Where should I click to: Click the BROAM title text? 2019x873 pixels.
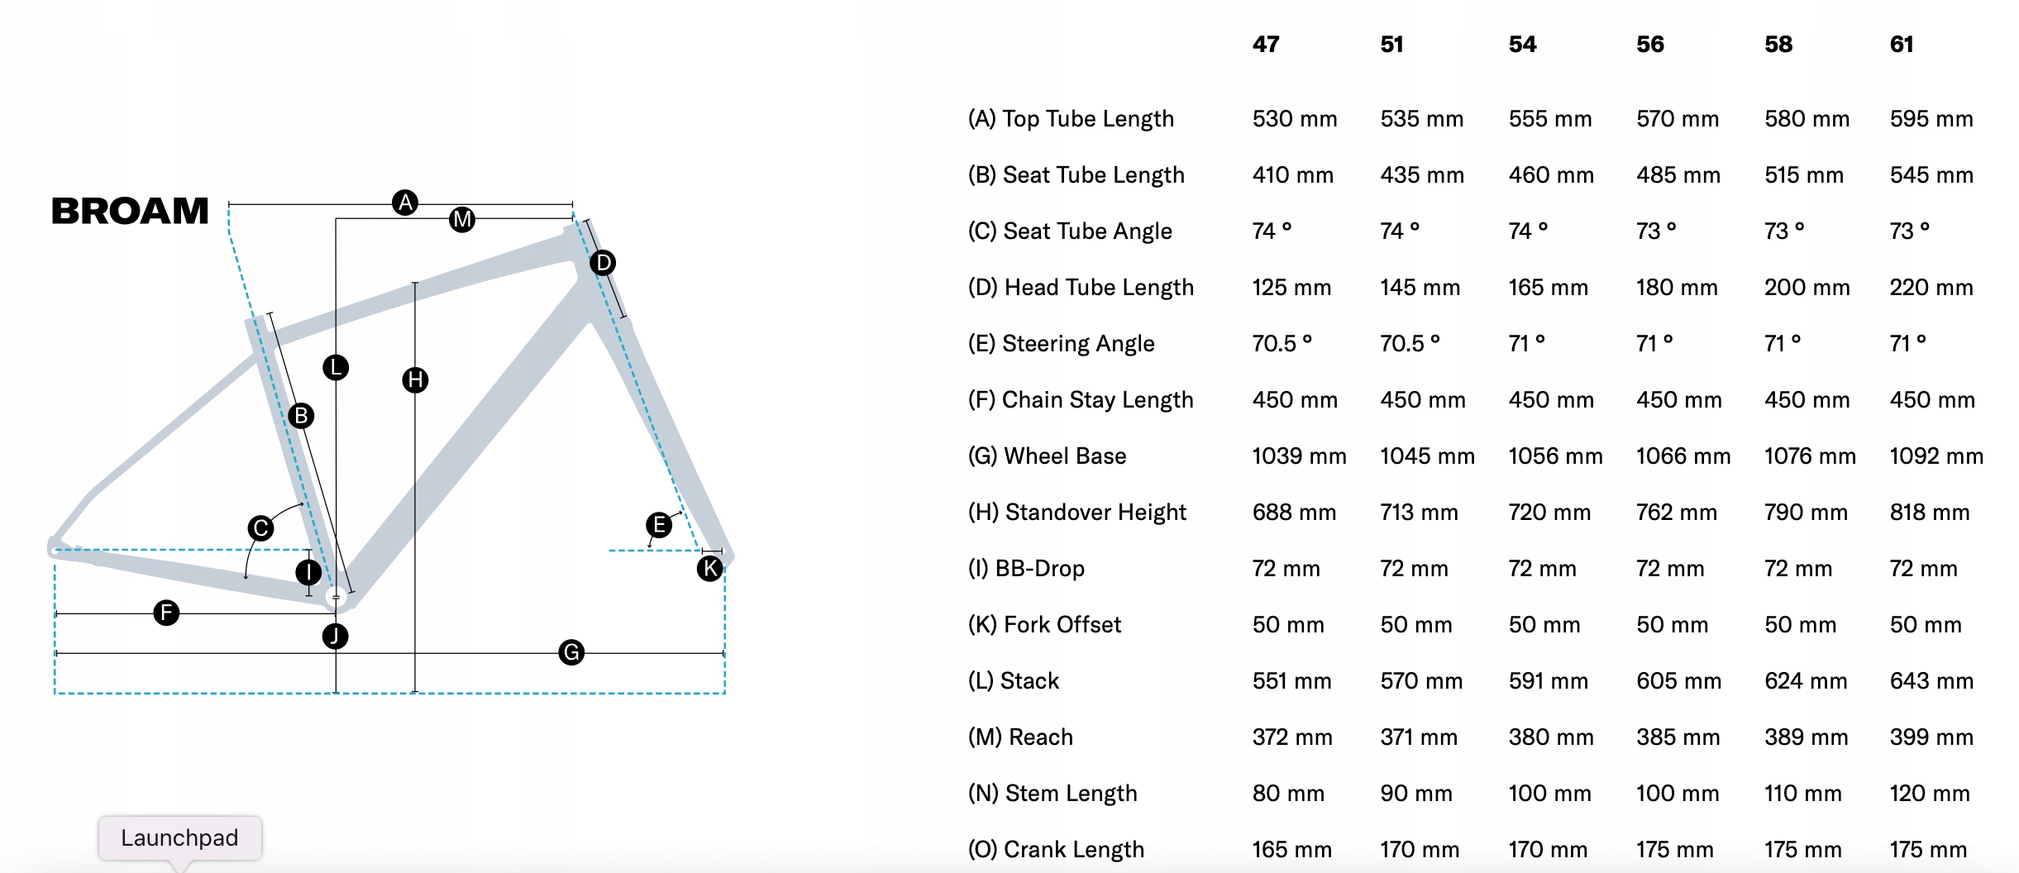click(x=130, y=211)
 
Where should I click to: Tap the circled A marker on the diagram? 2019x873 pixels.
click(x=405, y=203)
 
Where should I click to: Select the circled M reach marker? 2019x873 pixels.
click(x=462, y=219)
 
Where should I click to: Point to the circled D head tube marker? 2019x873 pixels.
click(x=603, y=263)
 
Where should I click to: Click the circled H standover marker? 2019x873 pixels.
click(x=415, y=380)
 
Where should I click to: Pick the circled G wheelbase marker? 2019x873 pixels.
click(x=571, y=652)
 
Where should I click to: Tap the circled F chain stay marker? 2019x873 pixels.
click(x=166, y=613)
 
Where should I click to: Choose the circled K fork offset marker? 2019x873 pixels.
click(x=710, y=568)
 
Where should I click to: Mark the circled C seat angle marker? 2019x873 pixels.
click(x=261, y=528)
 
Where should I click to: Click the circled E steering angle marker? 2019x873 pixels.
click(x=659, y=525)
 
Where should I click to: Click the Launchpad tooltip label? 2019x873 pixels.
click(x=179, y=837)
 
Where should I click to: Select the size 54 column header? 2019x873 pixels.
click(x=1522, y=44)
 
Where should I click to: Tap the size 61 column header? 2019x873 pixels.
click(x=1902, y=44)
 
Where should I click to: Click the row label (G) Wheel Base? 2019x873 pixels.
click(x=1047, y=456)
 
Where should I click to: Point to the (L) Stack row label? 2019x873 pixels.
click(x=1013, y=680)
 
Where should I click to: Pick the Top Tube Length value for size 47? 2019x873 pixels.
click(x=1295, y=118)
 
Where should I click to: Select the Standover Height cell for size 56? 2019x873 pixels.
click(x=1677, y=512)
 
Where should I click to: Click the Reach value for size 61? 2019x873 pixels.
click(x=1931, y=737)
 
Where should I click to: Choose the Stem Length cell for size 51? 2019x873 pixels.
click(x=1416, y=793)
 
